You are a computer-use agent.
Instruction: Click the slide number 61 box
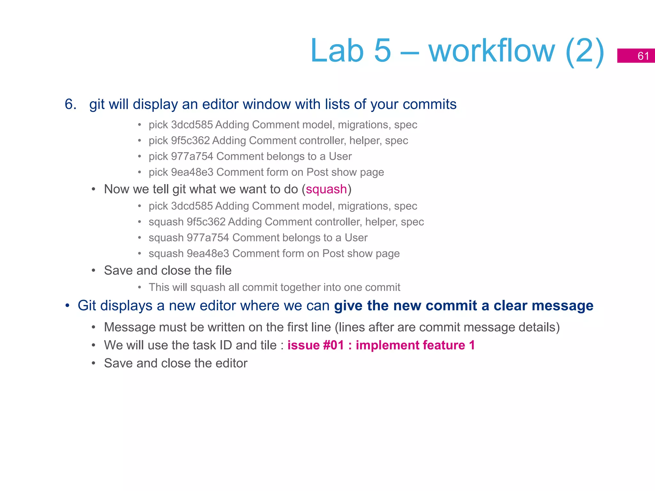coord(636,56)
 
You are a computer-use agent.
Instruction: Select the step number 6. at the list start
coord(71,104)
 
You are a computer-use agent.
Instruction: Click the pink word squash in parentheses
coord(326,189)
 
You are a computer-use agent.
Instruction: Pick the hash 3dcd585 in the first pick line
coord(192,125)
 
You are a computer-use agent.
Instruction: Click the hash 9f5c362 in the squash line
coord(206,222)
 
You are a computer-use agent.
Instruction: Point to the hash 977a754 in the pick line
coord(192,156)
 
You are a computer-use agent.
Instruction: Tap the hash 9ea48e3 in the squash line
coord(208,253)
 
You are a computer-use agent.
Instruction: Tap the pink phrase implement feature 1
coord(415,345)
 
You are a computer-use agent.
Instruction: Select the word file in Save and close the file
coord(223,270)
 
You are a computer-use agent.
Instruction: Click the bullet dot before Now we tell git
coord(93,190)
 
